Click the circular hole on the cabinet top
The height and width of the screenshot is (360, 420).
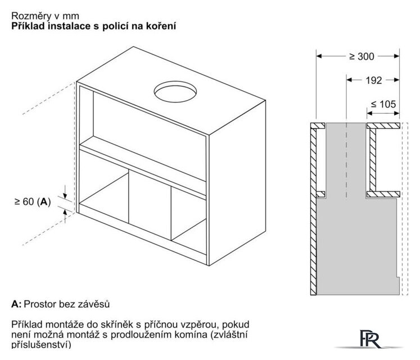175,92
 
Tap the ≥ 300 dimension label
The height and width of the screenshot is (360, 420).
362,56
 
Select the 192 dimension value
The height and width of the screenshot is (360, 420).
374,80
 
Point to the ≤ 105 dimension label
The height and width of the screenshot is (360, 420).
383,104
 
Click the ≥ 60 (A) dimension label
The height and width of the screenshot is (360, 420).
33,201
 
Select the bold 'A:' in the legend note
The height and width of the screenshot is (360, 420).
16,304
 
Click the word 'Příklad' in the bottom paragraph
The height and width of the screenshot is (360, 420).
27,325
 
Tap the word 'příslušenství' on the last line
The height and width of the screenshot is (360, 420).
41,344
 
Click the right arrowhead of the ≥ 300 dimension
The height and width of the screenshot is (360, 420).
397,56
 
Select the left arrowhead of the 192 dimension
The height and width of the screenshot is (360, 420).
349,80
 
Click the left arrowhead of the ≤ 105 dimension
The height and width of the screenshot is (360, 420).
370,114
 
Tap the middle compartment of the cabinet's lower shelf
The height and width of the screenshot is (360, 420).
150,204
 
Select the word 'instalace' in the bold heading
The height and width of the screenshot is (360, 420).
69,26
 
